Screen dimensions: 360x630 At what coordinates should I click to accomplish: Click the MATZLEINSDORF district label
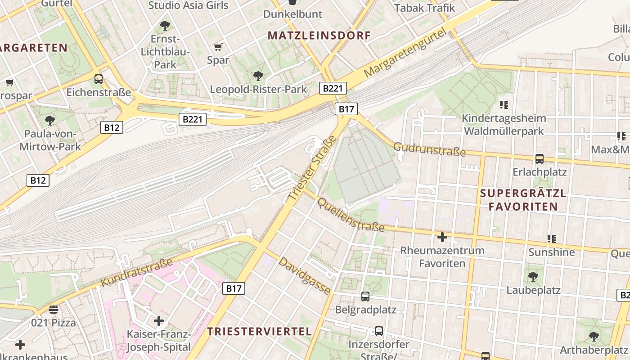319,36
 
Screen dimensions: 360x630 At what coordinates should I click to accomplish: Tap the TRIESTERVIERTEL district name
259,332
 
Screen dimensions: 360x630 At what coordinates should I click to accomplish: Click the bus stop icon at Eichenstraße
98,79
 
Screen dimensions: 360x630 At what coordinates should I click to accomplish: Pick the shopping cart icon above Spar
218,47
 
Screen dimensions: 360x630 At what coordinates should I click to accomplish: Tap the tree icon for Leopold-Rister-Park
258,76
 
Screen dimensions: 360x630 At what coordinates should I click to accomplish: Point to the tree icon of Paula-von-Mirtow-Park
50,120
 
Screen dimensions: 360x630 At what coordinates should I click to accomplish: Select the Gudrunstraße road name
429,149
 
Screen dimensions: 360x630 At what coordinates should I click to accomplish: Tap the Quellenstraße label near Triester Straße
351,215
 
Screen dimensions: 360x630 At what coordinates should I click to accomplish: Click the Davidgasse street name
306,275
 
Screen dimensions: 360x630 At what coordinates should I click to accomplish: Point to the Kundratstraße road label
137,272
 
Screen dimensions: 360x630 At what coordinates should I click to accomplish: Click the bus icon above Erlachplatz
539,158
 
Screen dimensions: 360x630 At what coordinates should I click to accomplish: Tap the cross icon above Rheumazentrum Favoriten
442,237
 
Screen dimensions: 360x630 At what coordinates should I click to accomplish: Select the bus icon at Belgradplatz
365,297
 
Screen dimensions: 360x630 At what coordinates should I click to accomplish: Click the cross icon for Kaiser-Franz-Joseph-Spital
158,321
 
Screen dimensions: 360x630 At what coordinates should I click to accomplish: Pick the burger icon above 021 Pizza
53,309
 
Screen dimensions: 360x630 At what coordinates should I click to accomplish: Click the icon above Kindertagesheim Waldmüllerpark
504,105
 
